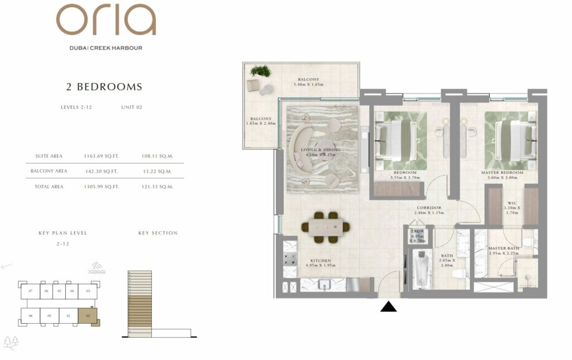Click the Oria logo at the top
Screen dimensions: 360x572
click(x=106, y=21)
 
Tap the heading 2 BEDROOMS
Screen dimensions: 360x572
click(x=104, y=87)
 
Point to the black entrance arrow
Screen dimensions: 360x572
click(x=388, y=306)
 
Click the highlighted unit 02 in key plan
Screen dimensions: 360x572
click(x=88, y=316)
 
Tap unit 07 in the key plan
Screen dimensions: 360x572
click(x=31, y=291)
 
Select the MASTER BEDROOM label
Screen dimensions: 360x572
click(x=502, y=173)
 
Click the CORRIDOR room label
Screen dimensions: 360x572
click(x=428, y=207)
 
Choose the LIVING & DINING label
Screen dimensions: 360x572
click(x=320, y=150)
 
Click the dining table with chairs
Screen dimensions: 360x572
click(x=326, y=226)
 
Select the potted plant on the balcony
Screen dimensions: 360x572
click(x=260, y=71)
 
